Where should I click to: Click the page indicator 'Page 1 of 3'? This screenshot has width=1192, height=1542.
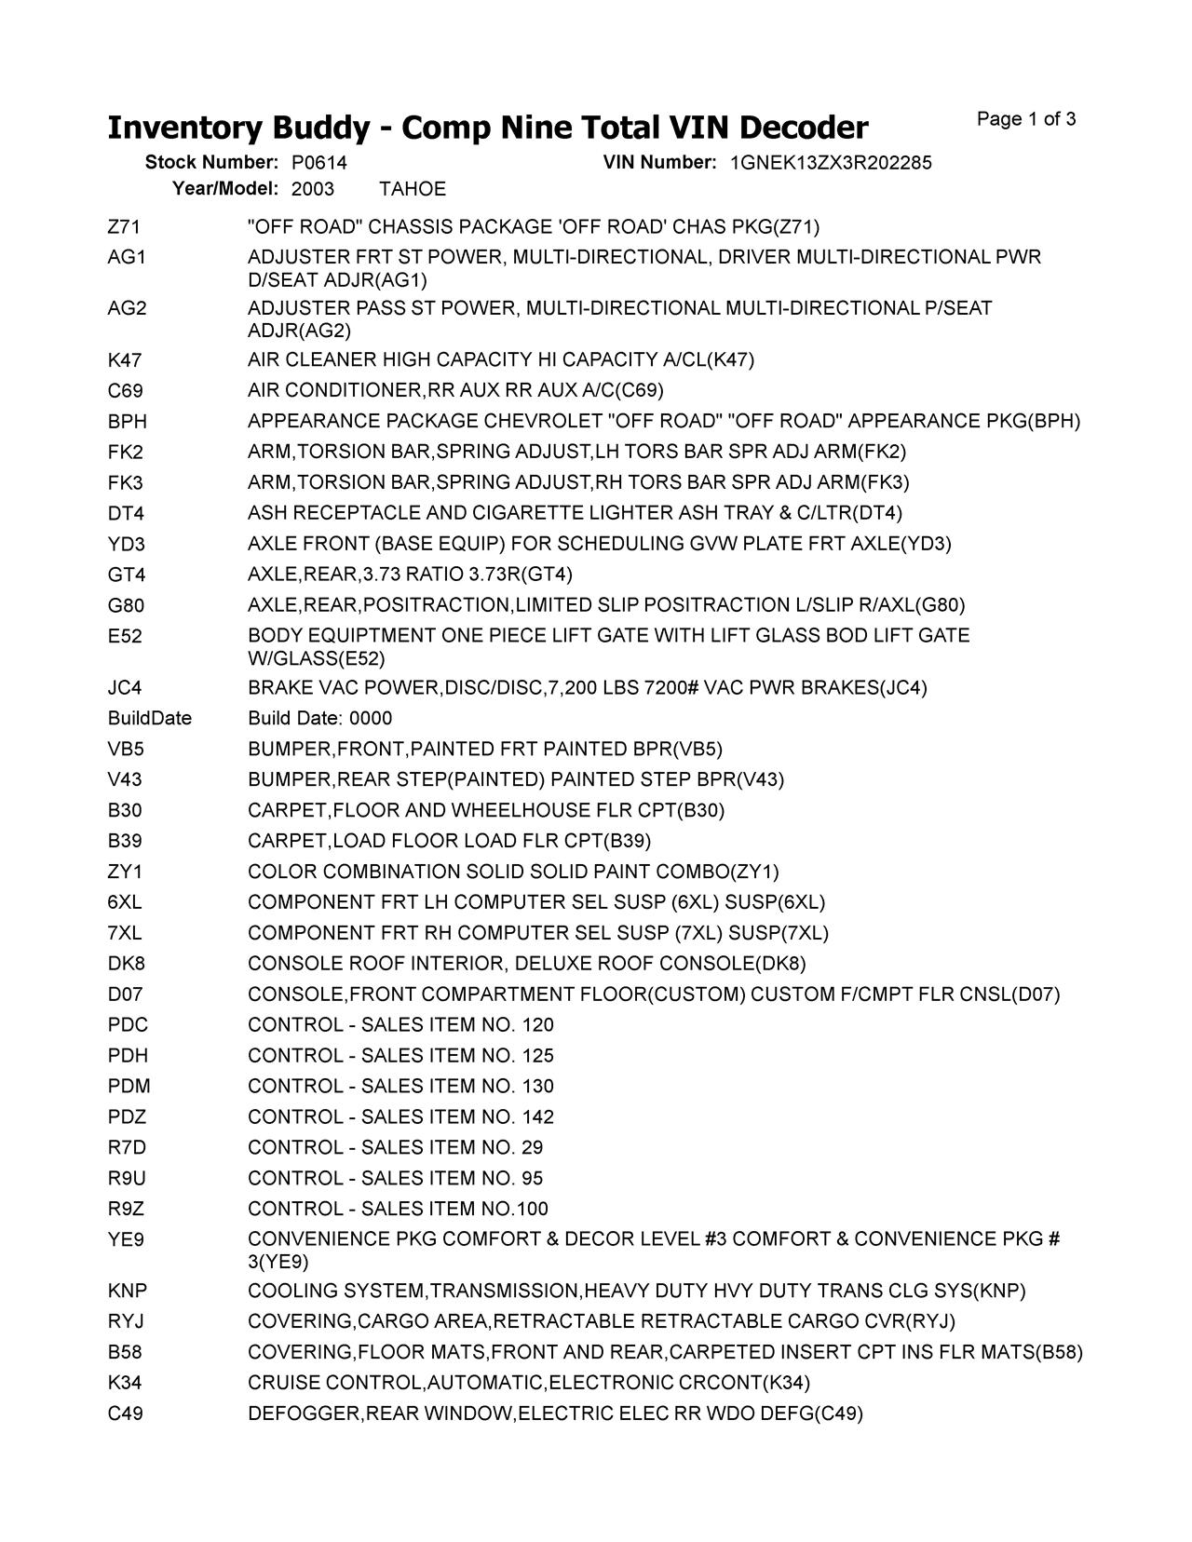click(x=1026, y=119)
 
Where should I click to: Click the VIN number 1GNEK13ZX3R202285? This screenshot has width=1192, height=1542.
click(x=831, y=163)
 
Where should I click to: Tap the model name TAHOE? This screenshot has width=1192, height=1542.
click(x=413, y=189)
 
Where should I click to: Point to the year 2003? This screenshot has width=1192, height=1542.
click(x=313, y=189)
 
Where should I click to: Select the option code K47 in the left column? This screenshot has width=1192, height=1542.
click(x=125, y=360)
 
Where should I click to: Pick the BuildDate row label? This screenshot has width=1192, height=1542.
click(x=149, y=719)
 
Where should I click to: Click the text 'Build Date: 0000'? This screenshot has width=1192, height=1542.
click(x=319, y=719)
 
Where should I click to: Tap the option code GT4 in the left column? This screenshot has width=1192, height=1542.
click(x=127, y=575)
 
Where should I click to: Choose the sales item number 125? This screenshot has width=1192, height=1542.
click(x=537, y=1056)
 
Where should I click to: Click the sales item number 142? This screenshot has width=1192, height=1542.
click(x=537, y=1117)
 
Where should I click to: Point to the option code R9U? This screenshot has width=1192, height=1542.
click(x=127, y=1179)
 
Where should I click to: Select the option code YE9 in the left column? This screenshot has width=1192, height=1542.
click(x=126, y=1240)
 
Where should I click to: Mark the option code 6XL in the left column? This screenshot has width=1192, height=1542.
click(x=125, y=902)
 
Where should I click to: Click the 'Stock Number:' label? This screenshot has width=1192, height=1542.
click(x=211, y=163)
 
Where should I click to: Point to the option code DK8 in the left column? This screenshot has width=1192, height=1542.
click(x=126, y=964)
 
